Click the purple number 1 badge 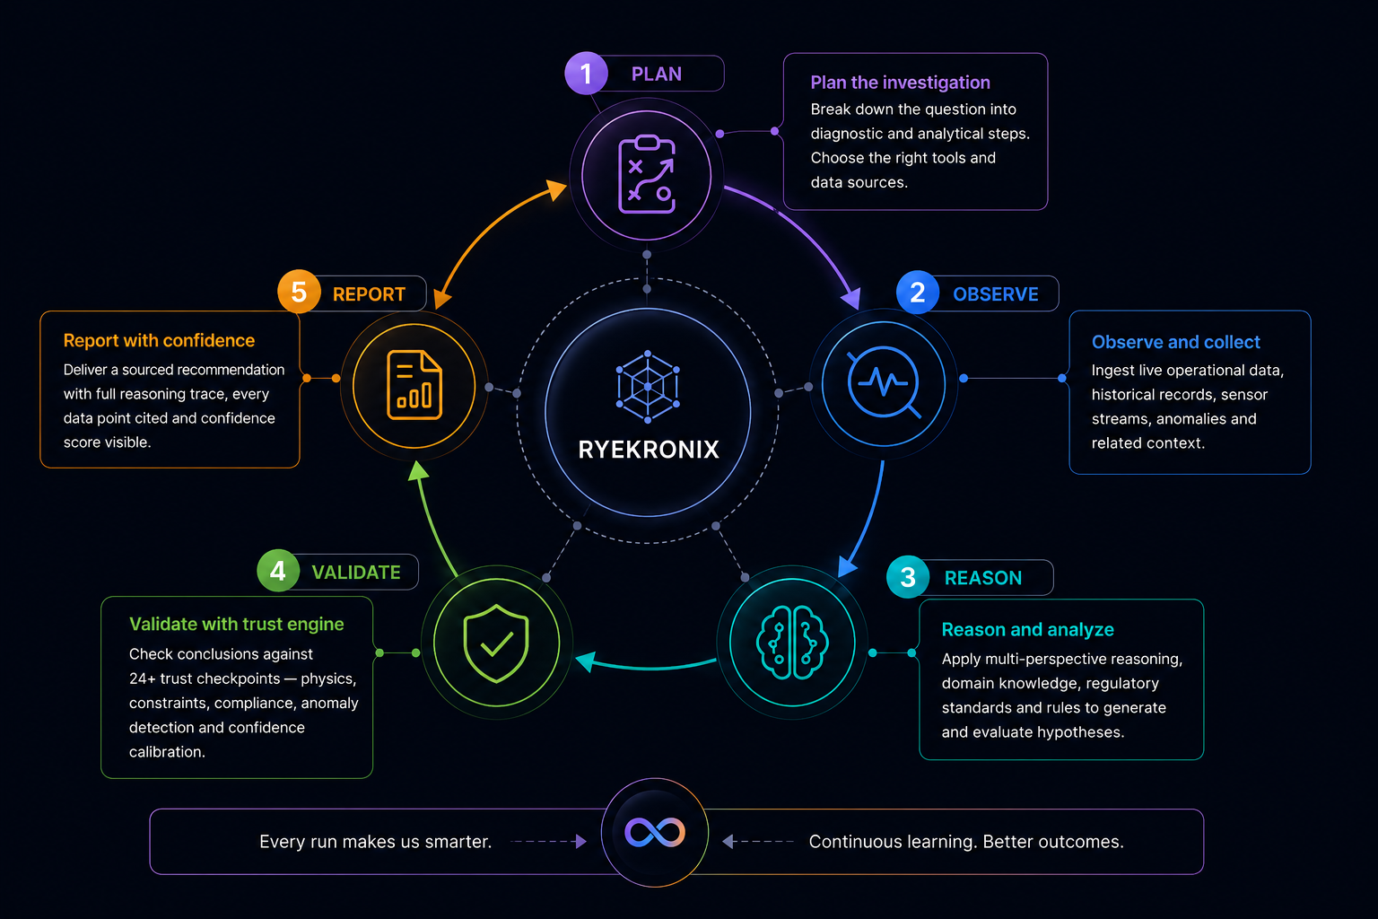586,74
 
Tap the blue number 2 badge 917,293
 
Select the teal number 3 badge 908,577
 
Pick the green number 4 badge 278,571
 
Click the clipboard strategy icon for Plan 647,174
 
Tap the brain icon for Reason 792,642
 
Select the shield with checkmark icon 496,643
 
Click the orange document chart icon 414,385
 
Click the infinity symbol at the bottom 655,832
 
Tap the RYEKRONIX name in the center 649,450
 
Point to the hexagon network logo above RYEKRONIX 648,387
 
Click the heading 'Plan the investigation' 900,83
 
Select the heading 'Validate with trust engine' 236,624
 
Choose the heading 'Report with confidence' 159,340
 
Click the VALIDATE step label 356,572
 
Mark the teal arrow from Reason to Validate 646,666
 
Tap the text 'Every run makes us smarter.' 375,842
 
